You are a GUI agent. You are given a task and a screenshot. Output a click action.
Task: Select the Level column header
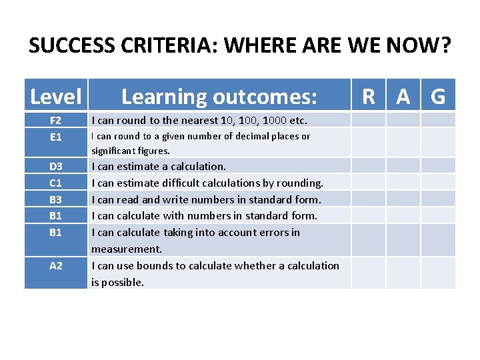(x=56, y=97)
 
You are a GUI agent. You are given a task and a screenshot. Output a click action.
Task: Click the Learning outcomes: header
(x=219, y=97)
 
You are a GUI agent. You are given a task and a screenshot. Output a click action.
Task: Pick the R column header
(x=369, y=97)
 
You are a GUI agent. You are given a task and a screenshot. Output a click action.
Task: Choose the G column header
(x=438, y=97)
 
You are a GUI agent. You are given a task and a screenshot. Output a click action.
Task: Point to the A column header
(x=403, y=97)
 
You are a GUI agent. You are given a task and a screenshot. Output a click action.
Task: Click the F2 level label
(x=56, y=121)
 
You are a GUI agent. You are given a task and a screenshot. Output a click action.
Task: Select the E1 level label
(x=56, y=137)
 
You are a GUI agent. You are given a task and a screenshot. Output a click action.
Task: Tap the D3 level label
(x=56, y=166)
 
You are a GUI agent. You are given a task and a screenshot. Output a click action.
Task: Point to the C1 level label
(x=56, y=183)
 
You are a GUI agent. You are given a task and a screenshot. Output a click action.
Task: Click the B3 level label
(x=56, y=199)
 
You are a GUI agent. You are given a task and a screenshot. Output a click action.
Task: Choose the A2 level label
(x=56, y=265)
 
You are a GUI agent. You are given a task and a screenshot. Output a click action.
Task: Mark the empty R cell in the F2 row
(x=369, y=120)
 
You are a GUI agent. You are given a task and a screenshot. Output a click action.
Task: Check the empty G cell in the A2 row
(x=438, y=273)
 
